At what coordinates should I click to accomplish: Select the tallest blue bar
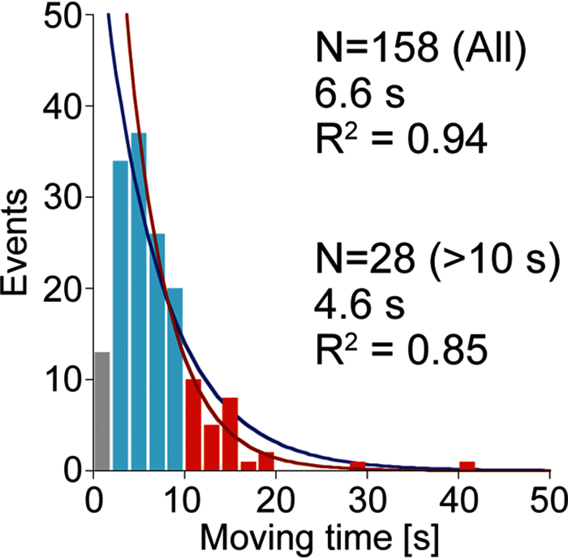(139, 302)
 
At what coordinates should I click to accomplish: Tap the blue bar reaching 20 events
(175, 379)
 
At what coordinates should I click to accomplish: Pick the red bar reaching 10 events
(194, 425)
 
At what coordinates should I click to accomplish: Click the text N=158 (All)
(421, 49)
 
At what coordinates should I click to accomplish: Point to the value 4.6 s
(359, 306)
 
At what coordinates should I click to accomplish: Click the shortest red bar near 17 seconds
(248, 466)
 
